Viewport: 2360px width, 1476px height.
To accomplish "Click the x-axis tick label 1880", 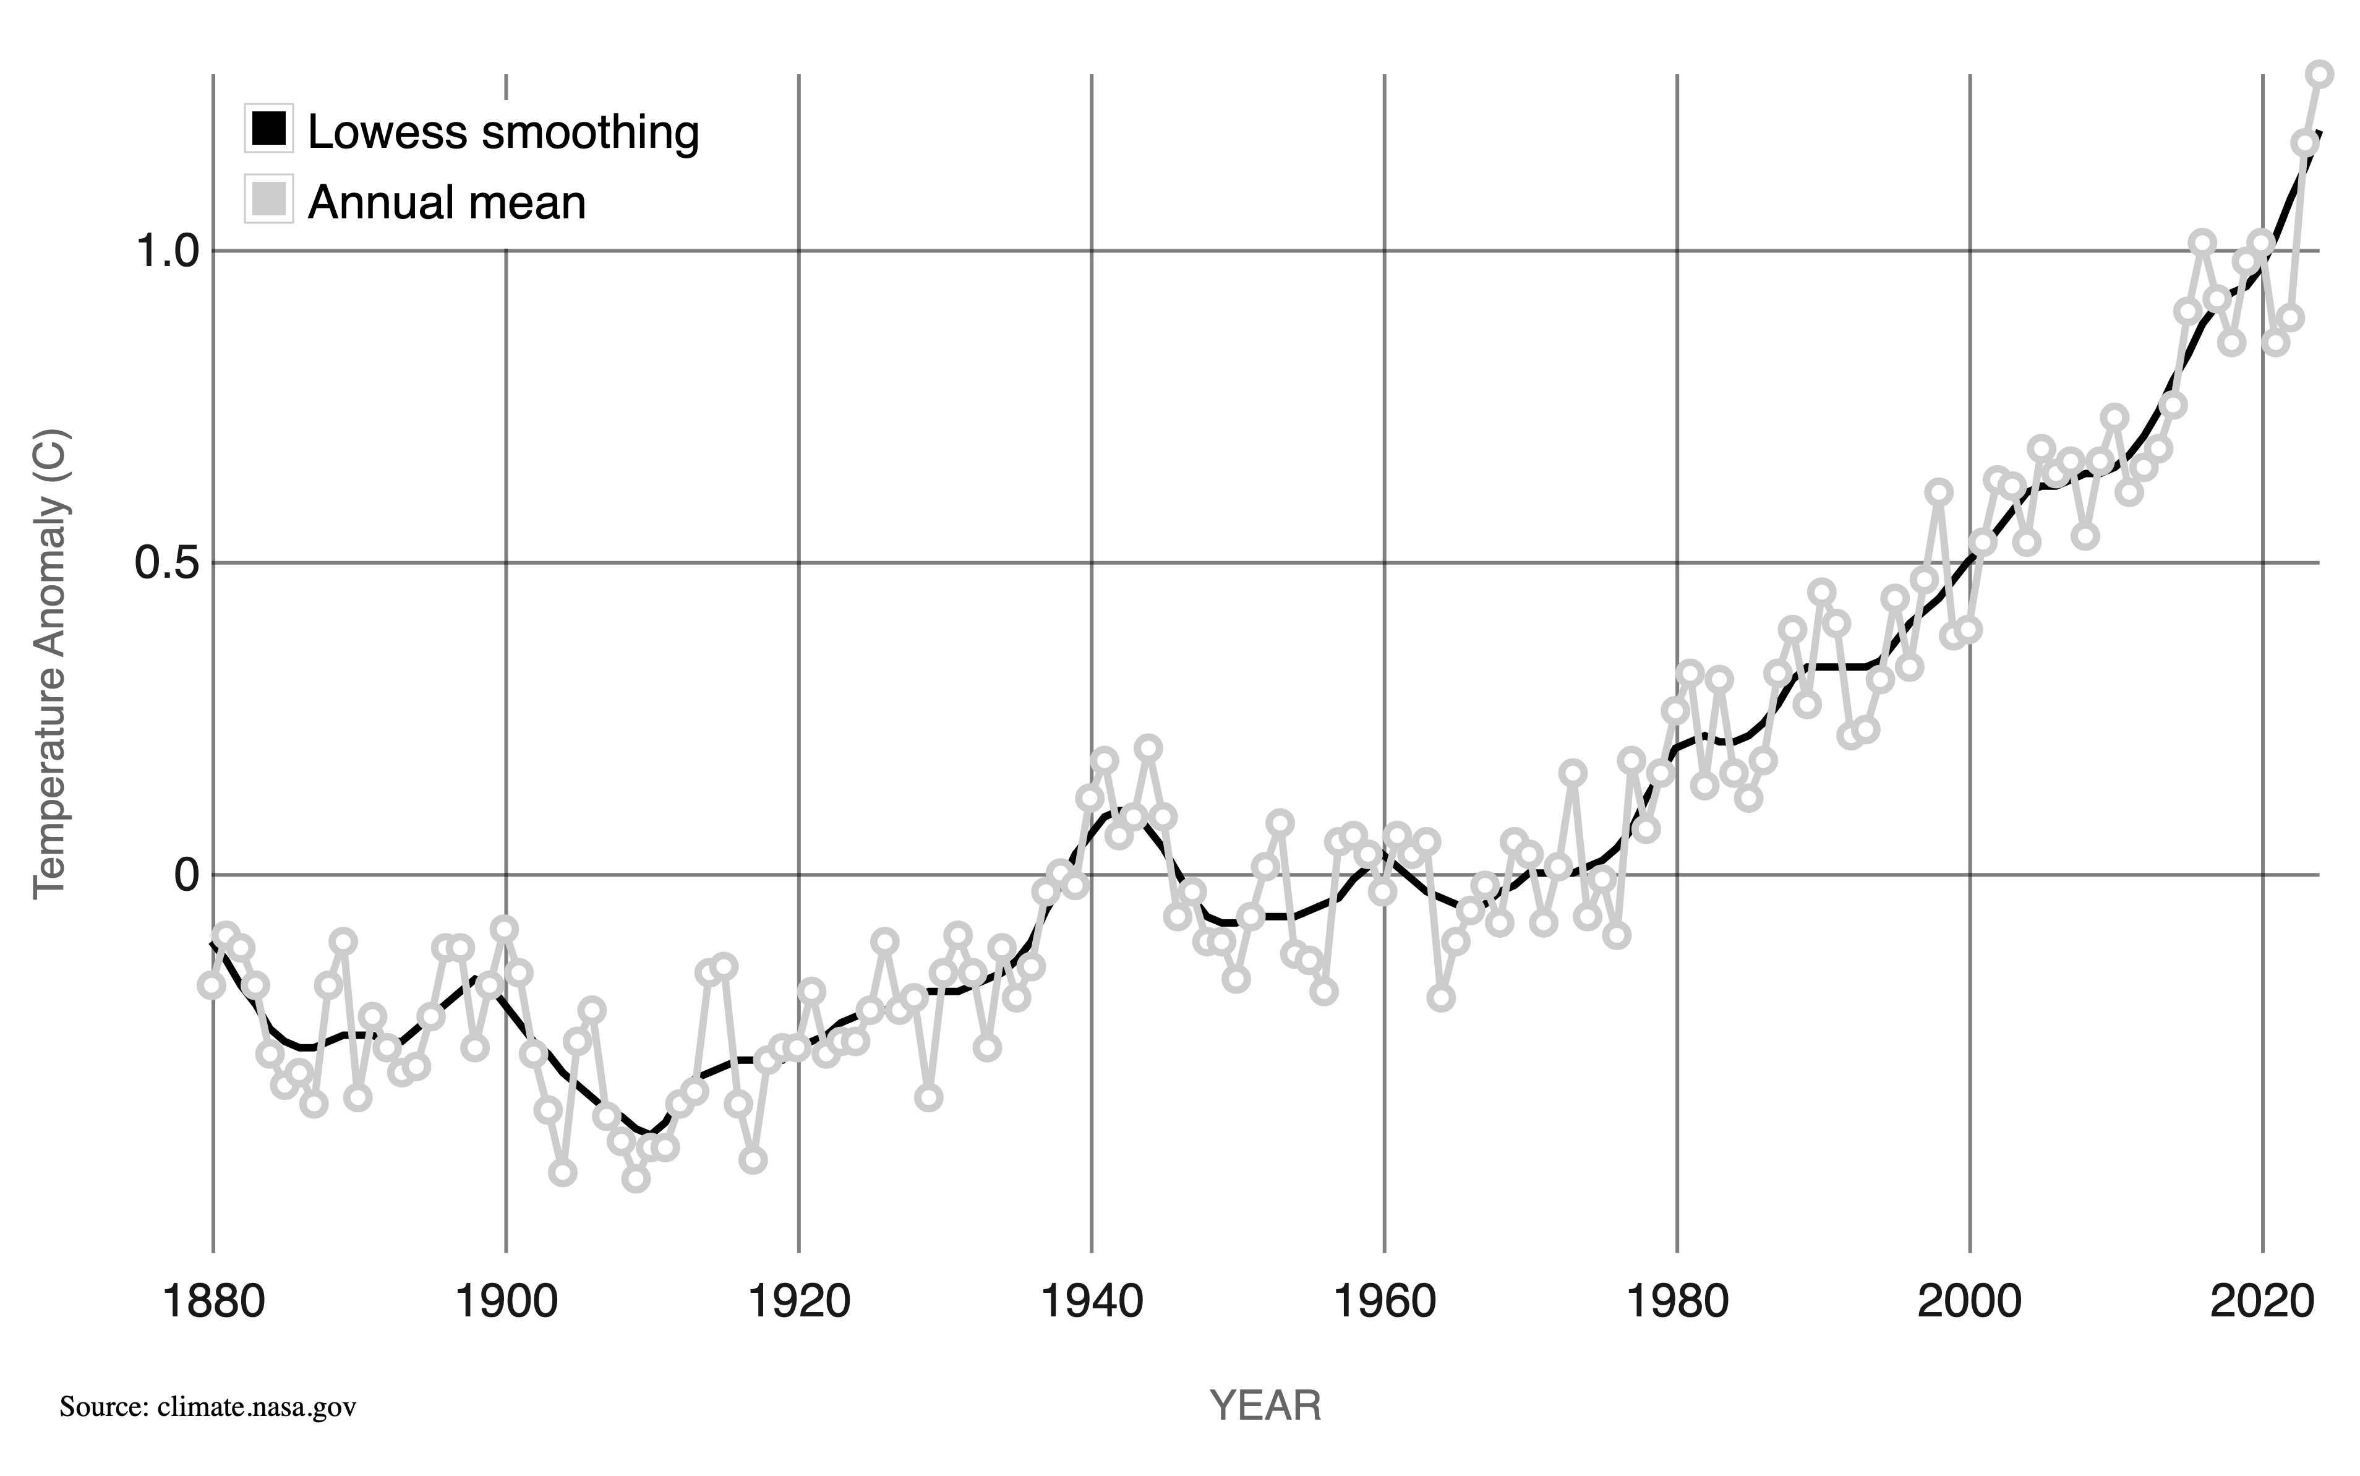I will click(213, 1303).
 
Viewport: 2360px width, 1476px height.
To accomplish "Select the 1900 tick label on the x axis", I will click(505, 1303).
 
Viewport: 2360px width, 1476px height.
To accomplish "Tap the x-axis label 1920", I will click(798, 1303).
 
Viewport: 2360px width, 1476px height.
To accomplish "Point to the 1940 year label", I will click(1091, 1303).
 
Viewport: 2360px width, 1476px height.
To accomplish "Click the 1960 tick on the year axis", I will click(1384, 1303).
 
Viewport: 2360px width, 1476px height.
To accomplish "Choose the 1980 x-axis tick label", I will click(1677, 1303).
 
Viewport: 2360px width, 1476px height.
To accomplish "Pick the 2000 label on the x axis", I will click(1970, 1303).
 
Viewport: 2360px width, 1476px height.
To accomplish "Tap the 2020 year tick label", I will click(2262, 1303).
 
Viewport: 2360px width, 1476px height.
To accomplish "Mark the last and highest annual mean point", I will click(2320, 74).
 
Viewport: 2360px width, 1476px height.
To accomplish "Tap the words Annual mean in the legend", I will click(447, 202).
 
